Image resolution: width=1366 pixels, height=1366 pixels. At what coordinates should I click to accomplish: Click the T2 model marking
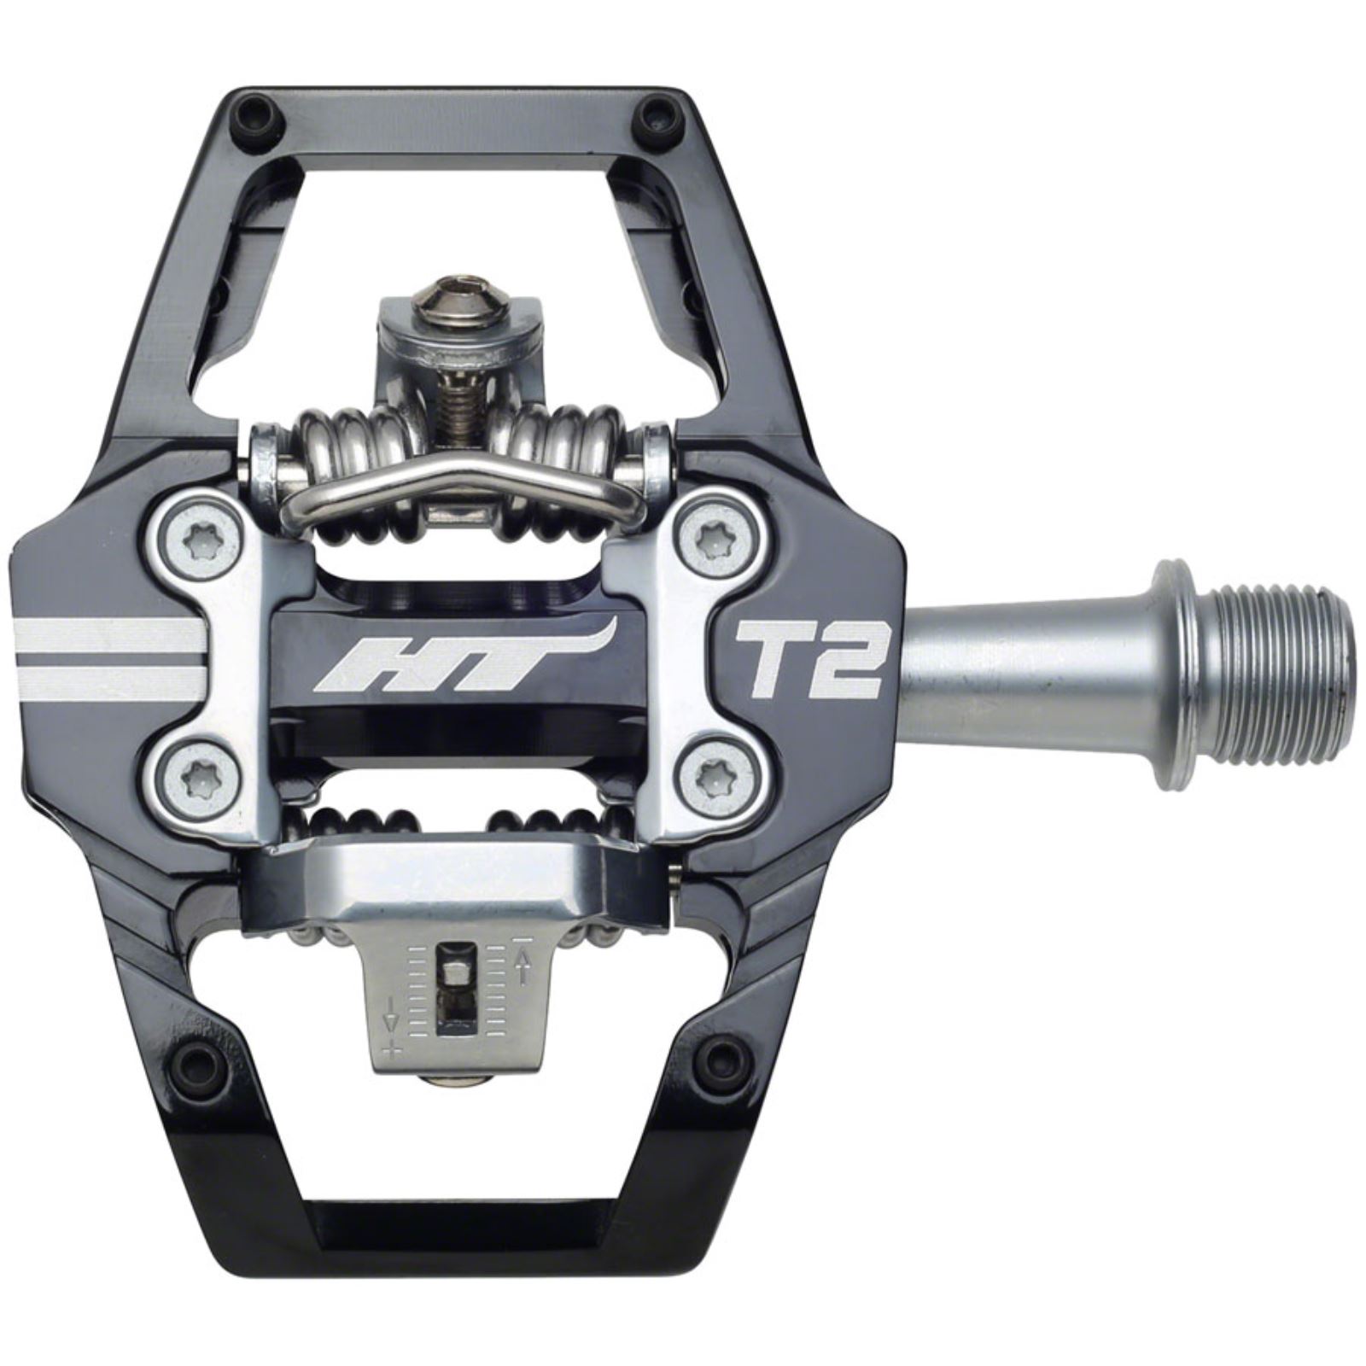808,659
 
